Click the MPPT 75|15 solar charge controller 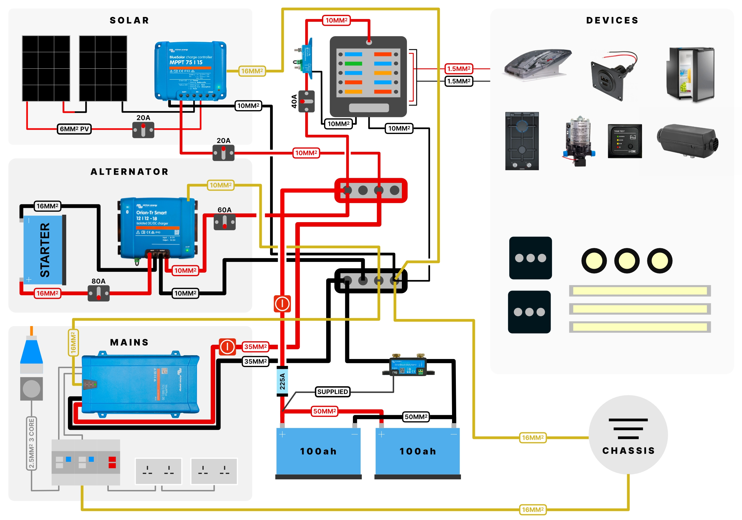190,70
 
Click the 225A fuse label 282,381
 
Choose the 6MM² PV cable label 74,129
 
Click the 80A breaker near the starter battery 99,293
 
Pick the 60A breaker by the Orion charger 225,222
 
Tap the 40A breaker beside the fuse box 306,102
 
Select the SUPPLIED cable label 332,392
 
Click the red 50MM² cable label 324,411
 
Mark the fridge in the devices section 691,74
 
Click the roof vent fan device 537,65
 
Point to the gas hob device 522,141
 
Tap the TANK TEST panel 624,141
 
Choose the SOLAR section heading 129,20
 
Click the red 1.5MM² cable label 459,69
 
